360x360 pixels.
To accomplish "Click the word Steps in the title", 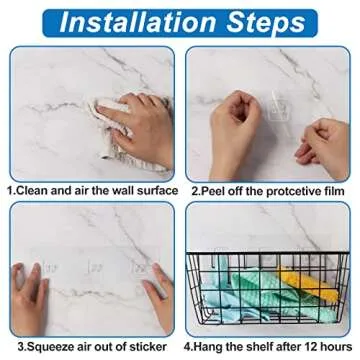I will coord(262,20).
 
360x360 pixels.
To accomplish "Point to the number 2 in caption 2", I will coord(193,189).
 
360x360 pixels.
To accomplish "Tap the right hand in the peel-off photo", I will coord(325,140).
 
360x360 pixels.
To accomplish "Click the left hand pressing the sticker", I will coord(30,290).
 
